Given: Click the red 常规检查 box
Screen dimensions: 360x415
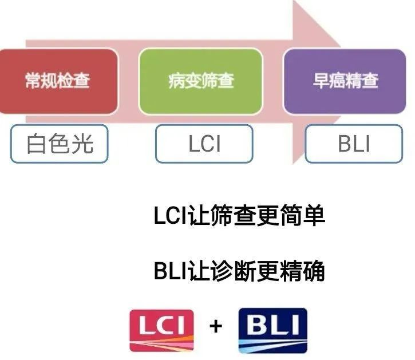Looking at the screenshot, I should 57,80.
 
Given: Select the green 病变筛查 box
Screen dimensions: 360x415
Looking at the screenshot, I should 201,80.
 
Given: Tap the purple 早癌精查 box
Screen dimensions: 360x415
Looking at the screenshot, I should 345,80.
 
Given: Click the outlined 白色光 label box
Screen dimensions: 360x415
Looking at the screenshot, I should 59,144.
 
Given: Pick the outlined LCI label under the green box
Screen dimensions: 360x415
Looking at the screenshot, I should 204,144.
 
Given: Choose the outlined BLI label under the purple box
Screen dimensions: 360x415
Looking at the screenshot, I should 353,144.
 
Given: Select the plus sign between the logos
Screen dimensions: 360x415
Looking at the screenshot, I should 215,326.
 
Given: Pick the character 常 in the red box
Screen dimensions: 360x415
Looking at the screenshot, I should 33,81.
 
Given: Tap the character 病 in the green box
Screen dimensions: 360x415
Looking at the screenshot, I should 176,81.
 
